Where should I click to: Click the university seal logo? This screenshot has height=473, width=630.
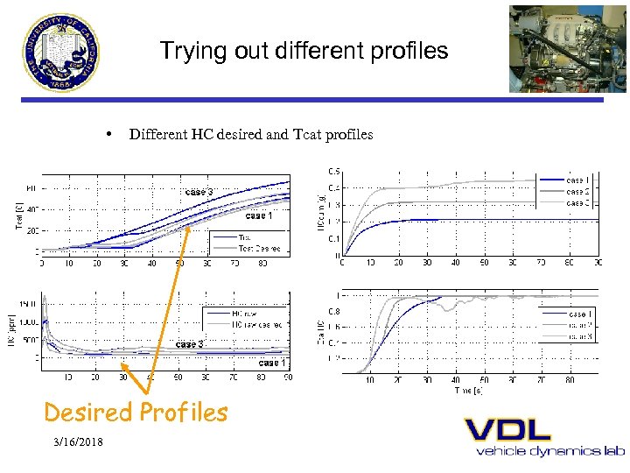(x=63, y=52)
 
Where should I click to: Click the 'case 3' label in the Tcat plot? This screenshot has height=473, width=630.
(x=199, y=192)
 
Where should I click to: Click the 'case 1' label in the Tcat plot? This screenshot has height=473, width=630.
(x=259, y=215)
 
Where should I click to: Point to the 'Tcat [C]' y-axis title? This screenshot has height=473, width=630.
(x=19, y=215)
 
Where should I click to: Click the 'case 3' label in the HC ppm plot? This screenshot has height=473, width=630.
(x=190, y=344)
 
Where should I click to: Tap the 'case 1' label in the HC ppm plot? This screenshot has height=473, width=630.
(x=271, y=362)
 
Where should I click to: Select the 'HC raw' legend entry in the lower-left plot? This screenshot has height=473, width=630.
(x=244, y=314)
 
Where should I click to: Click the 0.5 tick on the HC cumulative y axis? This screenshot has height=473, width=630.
(x=334, y=171)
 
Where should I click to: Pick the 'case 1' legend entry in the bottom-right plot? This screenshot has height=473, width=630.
(x=578, y=314)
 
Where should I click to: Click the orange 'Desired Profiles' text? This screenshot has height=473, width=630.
(x=136, y=412)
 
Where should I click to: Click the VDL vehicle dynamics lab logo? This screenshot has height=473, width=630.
(x=543, y=436)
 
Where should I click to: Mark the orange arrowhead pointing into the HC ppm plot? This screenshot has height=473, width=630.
(x=124, y=369)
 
